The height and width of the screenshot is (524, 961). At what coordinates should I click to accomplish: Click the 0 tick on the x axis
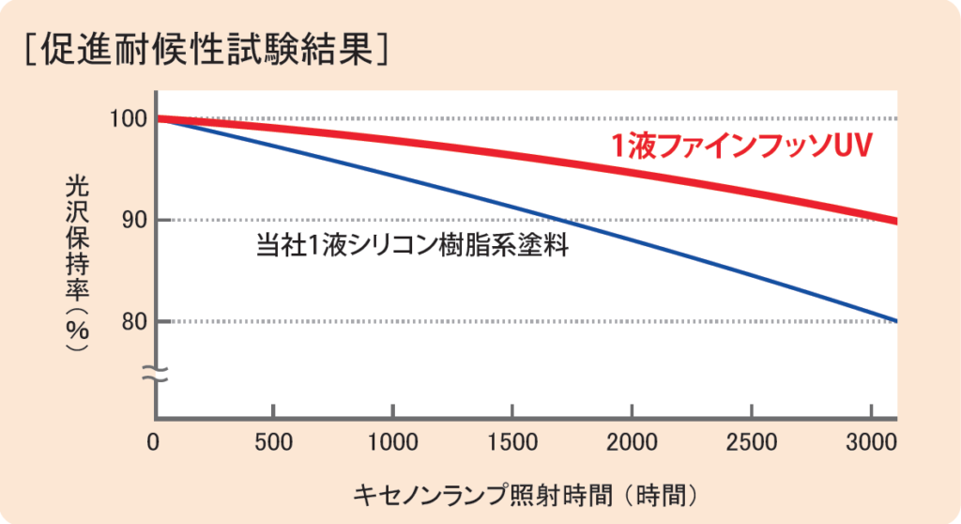(x=156, y=440)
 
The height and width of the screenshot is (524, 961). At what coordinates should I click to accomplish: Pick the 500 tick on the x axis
(x=272, y=440)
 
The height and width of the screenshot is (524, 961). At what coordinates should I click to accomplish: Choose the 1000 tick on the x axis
(x=392, y=440)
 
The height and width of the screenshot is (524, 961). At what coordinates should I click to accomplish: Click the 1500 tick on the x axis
(x=512, y=440)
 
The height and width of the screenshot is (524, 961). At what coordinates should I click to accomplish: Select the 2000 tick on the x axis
(x=633, y=440)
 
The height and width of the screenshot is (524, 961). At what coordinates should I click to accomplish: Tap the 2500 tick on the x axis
(x=752, y=440)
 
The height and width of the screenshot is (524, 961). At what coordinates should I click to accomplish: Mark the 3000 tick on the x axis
(x=872, y=440)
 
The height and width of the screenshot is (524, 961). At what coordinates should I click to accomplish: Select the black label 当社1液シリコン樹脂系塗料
(x=414, y=246)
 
